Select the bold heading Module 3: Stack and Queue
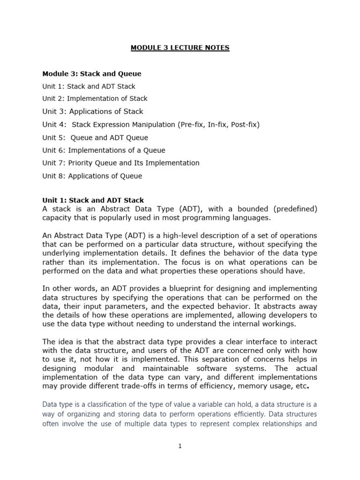pos(92,74)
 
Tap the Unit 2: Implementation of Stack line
pos(95,98)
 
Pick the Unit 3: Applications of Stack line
pos(93,112)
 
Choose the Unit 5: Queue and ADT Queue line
pos(95,138)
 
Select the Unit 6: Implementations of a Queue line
pos(104,150)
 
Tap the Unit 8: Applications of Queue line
pos(92,176)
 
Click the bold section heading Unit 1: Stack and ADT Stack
pos(93,201)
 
